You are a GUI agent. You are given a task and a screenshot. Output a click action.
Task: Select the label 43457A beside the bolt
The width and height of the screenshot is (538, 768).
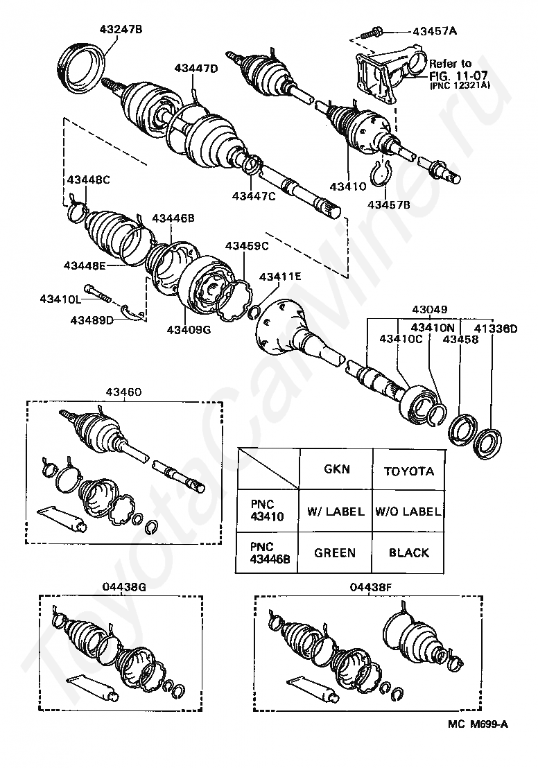[x=435, y=31]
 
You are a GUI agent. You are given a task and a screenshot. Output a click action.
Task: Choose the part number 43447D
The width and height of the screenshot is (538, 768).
[x=196, y=69]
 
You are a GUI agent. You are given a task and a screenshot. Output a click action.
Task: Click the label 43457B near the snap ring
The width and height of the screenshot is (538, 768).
[x=389, y=204]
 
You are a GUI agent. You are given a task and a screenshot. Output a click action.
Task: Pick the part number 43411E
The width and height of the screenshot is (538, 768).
[x=281, y=277]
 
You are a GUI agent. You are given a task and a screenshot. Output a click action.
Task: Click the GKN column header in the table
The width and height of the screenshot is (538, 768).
[x=337, y=469]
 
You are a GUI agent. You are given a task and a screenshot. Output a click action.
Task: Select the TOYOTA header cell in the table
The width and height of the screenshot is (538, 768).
[x=409, y=471]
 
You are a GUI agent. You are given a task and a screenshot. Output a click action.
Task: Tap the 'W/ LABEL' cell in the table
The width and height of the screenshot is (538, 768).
[x=336, y=512]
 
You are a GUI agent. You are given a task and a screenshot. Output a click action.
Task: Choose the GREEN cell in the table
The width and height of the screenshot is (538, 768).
[x=335, y=553]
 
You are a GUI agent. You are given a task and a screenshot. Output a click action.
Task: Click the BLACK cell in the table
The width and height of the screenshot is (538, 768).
[x=409, y=553]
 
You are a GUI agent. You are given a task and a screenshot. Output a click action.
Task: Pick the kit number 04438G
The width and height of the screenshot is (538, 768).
[x=122, y=587]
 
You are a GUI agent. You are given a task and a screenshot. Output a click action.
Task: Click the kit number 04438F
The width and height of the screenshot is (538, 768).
[x=372, y=587]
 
